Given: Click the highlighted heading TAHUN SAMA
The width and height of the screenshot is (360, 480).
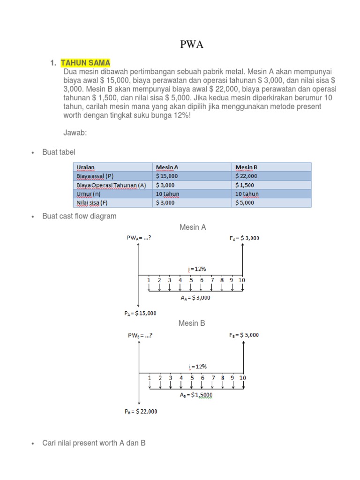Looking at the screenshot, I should pos(85,63).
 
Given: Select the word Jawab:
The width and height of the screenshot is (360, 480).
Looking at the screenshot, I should pos(75,133).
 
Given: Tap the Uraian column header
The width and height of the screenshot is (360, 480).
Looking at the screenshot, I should pos(85,167).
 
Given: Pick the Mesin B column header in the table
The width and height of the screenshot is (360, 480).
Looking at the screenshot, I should pos(246,167).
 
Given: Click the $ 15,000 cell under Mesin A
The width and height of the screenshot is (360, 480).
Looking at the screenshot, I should pos(167,176).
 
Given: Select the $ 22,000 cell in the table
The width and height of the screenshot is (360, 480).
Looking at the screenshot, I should pos(247,176).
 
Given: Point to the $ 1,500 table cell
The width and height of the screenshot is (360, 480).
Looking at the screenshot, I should pos(246,185).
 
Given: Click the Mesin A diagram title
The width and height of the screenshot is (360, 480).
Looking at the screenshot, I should pos(193,227).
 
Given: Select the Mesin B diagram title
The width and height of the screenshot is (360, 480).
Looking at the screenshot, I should pos(191,323).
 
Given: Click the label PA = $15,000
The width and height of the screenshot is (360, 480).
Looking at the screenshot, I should pos(141,313).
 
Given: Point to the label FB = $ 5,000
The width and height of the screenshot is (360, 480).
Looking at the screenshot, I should pos(244,335).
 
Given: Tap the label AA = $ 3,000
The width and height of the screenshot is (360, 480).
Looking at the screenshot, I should pos(195,298).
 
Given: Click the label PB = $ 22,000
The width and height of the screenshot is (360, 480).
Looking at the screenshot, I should pos(141,412).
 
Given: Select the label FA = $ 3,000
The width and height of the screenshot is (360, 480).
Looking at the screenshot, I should pos(244,238).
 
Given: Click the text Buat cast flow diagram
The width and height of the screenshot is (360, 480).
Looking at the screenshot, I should pos(79,216).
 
